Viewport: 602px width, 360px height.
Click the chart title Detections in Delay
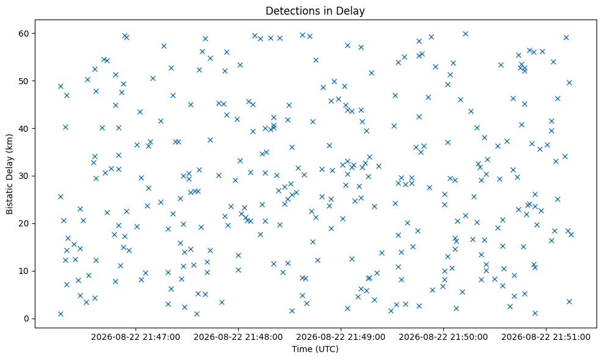tap(315, 11)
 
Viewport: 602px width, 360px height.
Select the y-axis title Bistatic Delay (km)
tap(9, 174)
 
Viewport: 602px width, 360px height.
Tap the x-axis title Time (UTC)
tap(315, 349)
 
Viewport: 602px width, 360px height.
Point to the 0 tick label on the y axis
tap(27, 319)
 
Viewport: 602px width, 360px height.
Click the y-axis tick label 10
tap(24, 271)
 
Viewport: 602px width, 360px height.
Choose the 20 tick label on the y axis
tap(24, 223)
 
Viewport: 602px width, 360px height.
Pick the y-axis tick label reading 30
tap(24, 176)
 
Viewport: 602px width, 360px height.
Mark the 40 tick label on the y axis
tap(24, 128)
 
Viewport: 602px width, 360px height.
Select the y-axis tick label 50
tap(24, 81)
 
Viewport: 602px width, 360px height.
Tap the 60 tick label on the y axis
tap(24, 34)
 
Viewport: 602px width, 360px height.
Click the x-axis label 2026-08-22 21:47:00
tap(136, 337)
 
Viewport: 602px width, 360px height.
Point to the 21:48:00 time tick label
tap(238, 337)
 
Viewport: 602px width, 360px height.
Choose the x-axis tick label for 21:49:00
tap(341, 337)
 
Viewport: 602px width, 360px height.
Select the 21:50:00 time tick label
tap(443, 337)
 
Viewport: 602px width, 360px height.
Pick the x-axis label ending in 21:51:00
tap(546, 337)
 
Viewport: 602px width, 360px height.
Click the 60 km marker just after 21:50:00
tap(465, 34)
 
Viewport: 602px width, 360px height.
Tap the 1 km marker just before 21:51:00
tap(535, 313)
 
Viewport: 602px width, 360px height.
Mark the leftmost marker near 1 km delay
tap(60, 314)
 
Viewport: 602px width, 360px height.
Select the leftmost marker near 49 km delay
tap(60, 86)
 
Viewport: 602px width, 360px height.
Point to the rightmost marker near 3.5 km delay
tap(569, 301)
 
